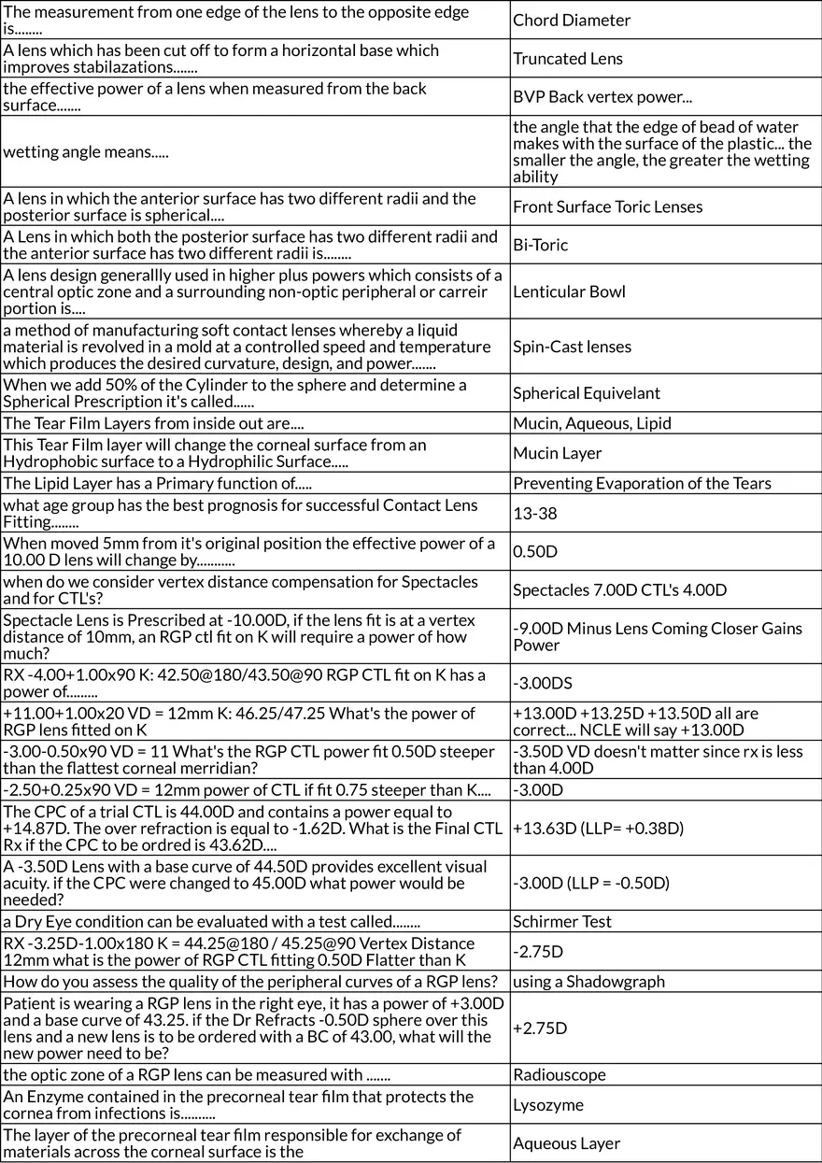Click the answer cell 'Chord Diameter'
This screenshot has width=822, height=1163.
572,21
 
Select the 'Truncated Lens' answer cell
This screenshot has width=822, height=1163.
568,59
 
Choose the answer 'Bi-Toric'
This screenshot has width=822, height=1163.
541,246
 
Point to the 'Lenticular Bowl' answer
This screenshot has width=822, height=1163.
569,291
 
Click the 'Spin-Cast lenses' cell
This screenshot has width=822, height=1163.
573,347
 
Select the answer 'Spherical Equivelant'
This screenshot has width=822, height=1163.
587,393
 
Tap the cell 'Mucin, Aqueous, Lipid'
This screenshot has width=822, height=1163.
592,423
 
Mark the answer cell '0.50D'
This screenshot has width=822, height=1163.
535,551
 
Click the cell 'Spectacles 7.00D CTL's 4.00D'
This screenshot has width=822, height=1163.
620,589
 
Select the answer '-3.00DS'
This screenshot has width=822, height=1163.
539,683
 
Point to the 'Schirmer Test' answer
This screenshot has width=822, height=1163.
562,921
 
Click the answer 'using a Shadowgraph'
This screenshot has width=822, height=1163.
589,981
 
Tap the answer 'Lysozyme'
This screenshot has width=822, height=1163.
548,1105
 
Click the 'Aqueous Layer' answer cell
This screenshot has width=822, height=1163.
567,1143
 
